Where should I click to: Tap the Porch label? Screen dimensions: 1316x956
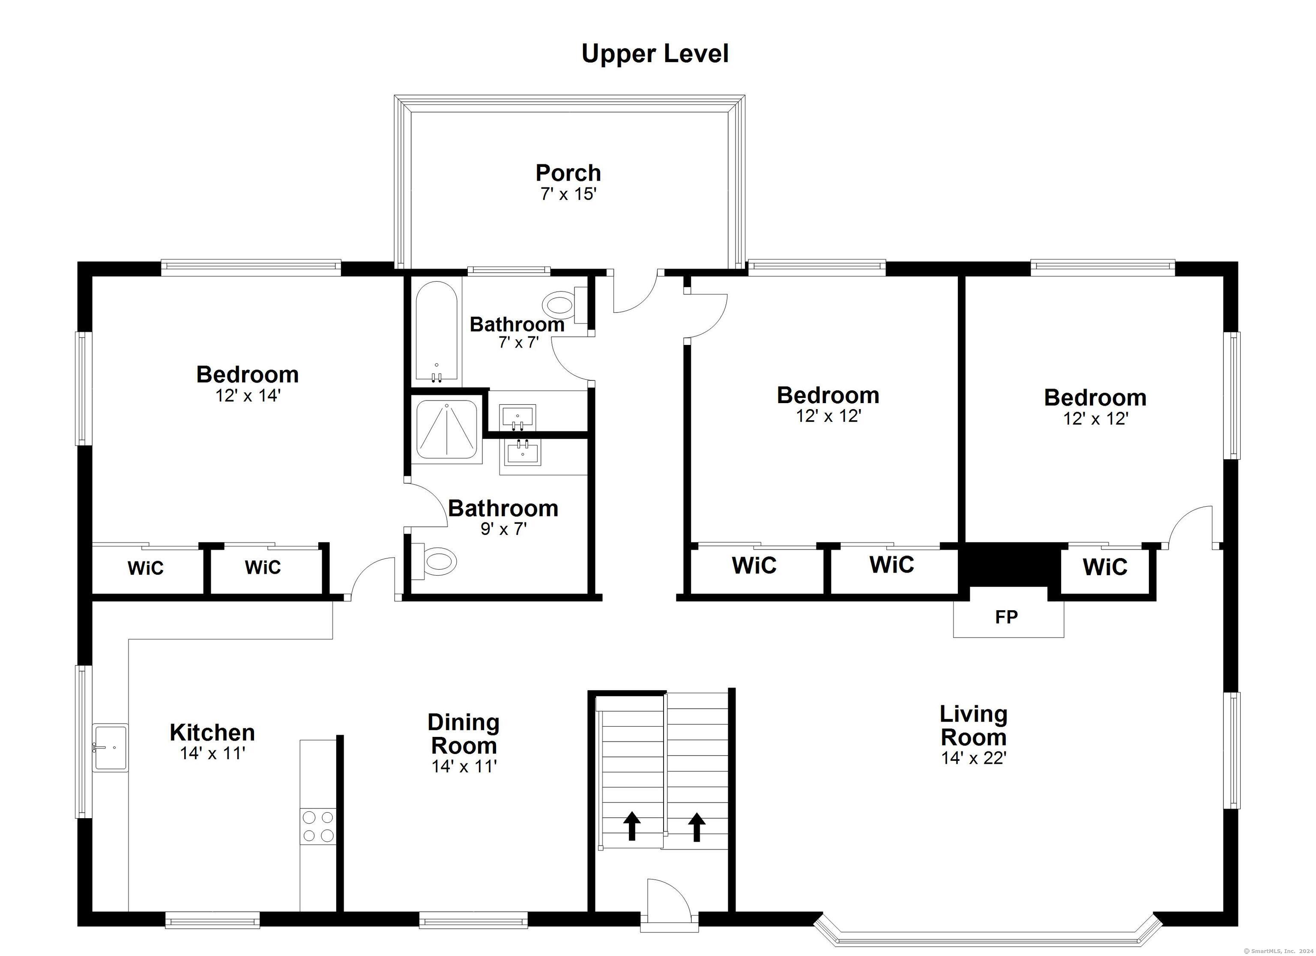[568, 173]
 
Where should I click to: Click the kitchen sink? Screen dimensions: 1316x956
[110, 748]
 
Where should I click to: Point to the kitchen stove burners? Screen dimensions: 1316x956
[318, 827]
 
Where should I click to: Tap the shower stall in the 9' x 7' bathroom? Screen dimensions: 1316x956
[447, 431]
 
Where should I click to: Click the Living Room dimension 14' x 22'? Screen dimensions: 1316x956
[973, 758]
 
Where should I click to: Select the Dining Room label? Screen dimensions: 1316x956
[463, 733]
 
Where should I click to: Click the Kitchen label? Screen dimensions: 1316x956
[212, 732]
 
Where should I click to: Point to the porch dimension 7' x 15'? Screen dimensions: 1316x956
[568, 194]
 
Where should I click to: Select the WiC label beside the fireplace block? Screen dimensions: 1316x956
[1105, 567]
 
